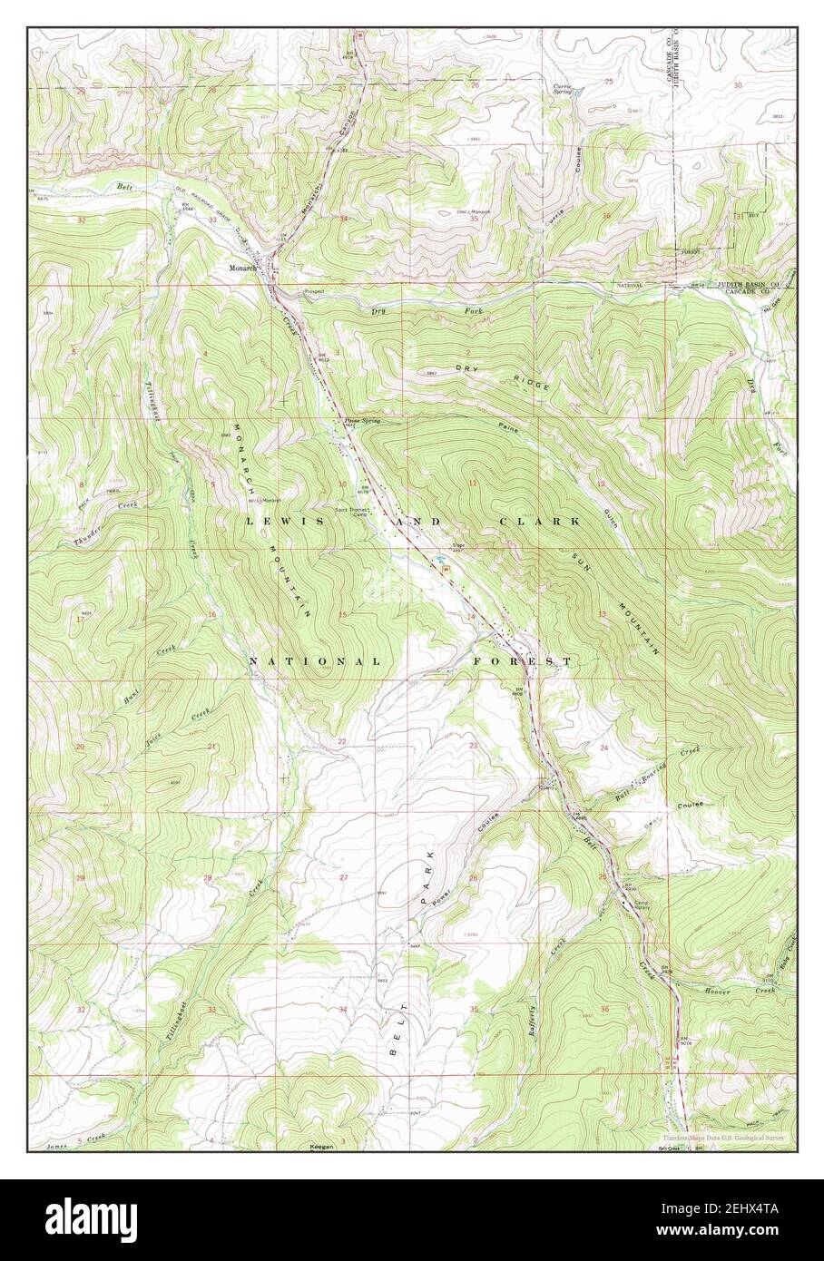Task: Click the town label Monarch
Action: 241,269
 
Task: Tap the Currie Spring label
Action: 563,89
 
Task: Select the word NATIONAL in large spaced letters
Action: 314,662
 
